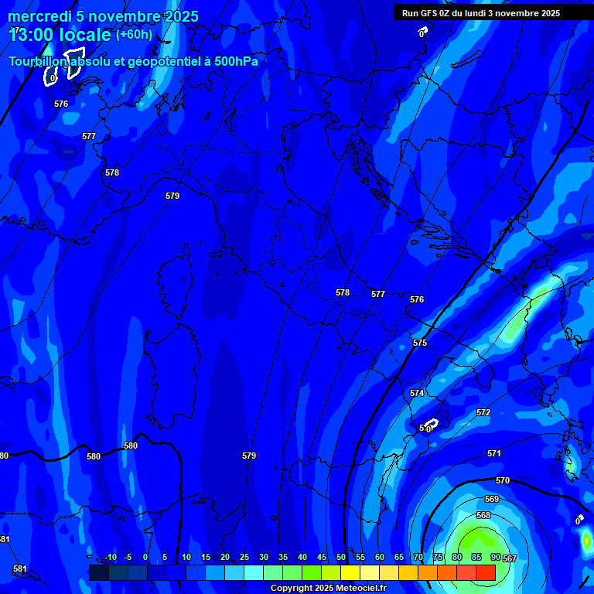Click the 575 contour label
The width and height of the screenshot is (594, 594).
(x=420, y=343)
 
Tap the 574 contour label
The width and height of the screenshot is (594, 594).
(x=417, y=394)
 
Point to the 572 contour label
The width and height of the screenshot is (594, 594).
(x=483, y=413)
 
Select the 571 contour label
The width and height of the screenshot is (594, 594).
(x=494, y=454)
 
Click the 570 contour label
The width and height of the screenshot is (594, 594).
(x=503, y=481)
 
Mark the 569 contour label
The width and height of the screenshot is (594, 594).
(x=492, y=500)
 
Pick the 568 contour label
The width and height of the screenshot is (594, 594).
(x=483, y=516)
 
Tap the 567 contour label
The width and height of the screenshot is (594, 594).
(x=510, y=558)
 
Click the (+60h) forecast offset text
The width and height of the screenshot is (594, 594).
(x=134, y=35)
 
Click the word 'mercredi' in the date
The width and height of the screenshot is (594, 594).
(x=38, y=16)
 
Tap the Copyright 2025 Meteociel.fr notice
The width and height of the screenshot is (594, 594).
(x=328, y=589)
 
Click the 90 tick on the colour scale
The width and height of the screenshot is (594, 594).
(x=495, y=557)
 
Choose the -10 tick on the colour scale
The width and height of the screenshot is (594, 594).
(x=111, y=557)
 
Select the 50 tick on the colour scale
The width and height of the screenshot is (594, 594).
(x=341, y=557)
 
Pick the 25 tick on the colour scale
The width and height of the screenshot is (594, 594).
(x=244, y=557)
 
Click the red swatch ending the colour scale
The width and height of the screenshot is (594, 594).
(x=485, y=572)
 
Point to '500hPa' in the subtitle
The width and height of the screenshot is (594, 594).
(x=236, y=61)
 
